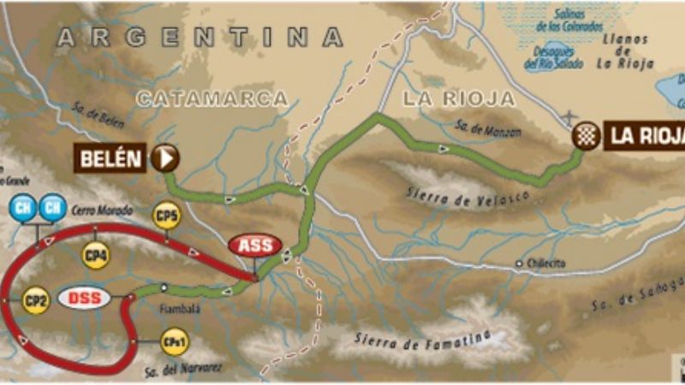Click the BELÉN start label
click(111, 157)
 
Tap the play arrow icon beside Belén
click(164, 157)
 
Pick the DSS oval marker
click(85, 299)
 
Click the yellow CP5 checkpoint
click(166, 216)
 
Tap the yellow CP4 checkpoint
click(95, 254)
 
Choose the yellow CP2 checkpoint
click(35, 301)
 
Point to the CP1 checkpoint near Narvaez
click(172, 341)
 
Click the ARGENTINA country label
click(200, 38)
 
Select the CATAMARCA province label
click(211, 99)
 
